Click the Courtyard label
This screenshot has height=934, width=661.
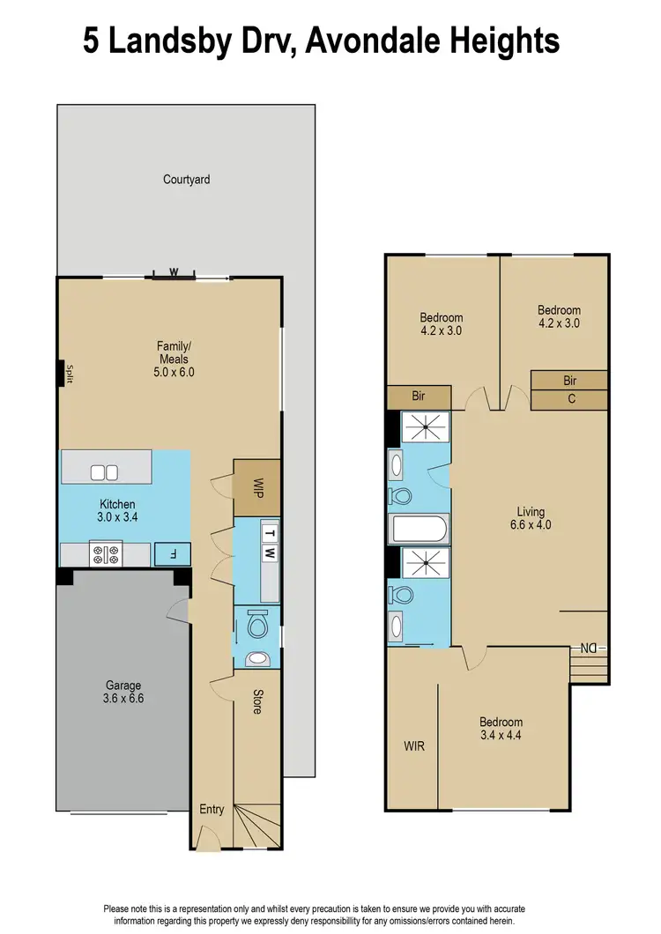186,179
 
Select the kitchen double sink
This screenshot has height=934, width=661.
104,472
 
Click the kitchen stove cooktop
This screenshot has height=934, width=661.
107,554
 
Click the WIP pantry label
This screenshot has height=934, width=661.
258,488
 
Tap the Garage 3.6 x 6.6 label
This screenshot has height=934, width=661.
123,692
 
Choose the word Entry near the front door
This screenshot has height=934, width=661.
212,810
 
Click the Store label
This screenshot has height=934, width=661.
257,701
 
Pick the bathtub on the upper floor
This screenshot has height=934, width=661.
420,530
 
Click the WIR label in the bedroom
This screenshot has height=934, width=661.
414,746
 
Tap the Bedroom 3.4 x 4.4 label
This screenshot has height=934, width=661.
501,728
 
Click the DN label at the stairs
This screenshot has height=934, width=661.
588,649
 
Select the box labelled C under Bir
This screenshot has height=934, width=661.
569,399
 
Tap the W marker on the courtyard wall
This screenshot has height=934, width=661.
174,272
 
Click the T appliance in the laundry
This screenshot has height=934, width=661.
270,533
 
